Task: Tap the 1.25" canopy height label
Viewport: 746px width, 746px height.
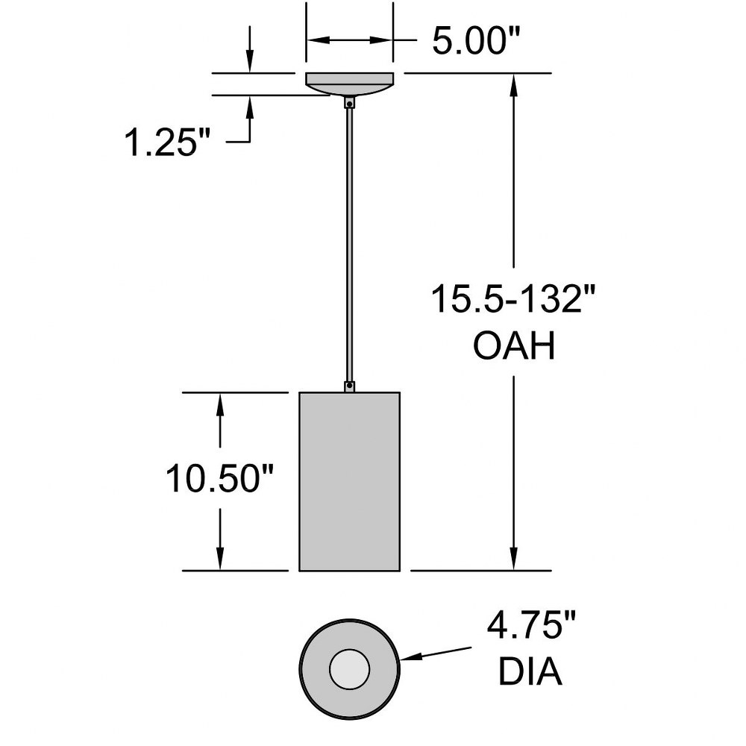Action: coord(166,142)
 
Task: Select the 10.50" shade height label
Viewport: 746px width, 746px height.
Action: coord(220,478)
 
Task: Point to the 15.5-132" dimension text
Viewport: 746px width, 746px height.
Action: coord(513,298)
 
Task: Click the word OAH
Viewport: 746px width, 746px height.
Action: coord(514,346)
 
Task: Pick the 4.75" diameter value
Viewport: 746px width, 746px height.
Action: coord(531,625)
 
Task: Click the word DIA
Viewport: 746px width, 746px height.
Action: coord(530,671)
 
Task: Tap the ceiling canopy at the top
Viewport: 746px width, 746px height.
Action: coord(350,84)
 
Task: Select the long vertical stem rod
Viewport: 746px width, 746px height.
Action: coord(350,245)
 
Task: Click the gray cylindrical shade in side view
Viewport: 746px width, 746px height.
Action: coord(350,481)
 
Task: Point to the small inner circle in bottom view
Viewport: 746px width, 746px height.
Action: coord(350,669)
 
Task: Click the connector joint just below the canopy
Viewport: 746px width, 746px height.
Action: coord(350,102)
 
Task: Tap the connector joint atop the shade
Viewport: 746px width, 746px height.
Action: coord(350,386)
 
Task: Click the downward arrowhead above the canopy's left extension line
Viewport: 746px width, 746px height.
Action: coord(250,62)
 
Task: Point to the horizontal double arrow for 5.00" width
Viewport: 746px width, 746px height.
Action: coord(350,40)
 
